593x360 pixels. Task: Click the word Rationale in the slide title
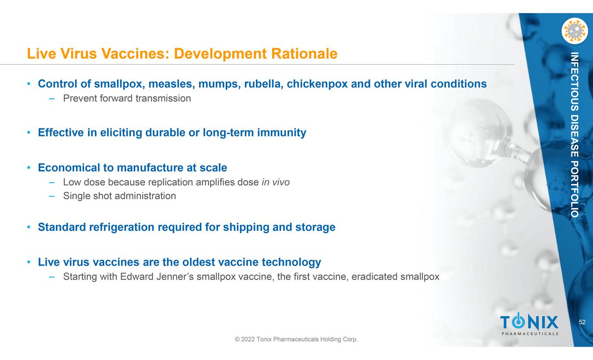coord(304,53)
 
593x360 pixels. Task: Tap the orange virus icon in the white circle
coord(574,31)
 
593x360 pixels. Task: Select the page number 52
coord(582,322)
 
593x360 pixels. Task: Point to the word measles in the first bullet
coord(172,84)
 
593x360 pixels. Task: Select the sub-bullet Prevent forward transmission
coord(127,98)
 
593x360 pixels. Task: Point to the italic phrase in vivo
coord(276,182)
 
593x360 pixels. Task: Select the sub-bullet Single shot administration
coord(120,196)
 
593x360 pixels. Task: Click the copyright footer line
coord(296,339)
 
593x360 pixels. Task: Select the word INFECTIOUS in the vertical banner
coord(574,82)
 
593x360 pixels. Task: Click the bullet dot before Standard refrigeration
coord(29,227)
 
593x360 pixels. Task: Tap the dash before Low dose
coord(52,182)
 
